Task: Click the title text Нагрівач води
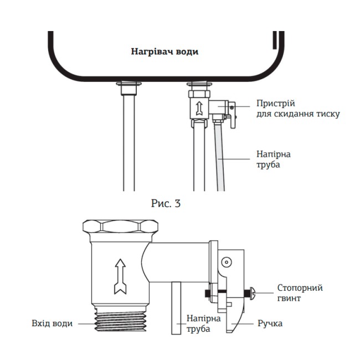pos(164,52)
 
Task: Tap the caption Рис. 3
pos(166,203)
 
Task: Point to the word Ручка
pos(270,323)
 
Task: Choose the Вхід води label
pos(52,323)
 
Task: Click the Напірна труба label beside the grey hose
pos(273,160)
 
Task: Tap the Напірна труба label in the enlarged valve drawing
pos(203,323)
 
